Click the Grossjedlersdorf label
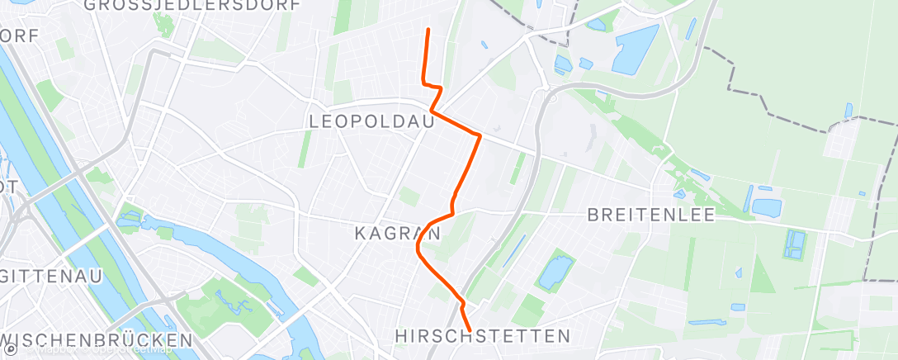[x=192, y=5]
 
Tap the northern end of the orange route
[x=428, y=30]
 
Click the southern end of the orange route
[x=470, y=330]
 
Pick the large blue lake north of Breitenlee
[x=635, y=47]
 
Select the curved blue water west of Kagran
[x=206, y=239]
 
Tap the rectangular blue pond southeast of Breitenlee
[x=795, y=244]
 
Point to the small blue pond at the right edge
[x=848, y=110]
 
